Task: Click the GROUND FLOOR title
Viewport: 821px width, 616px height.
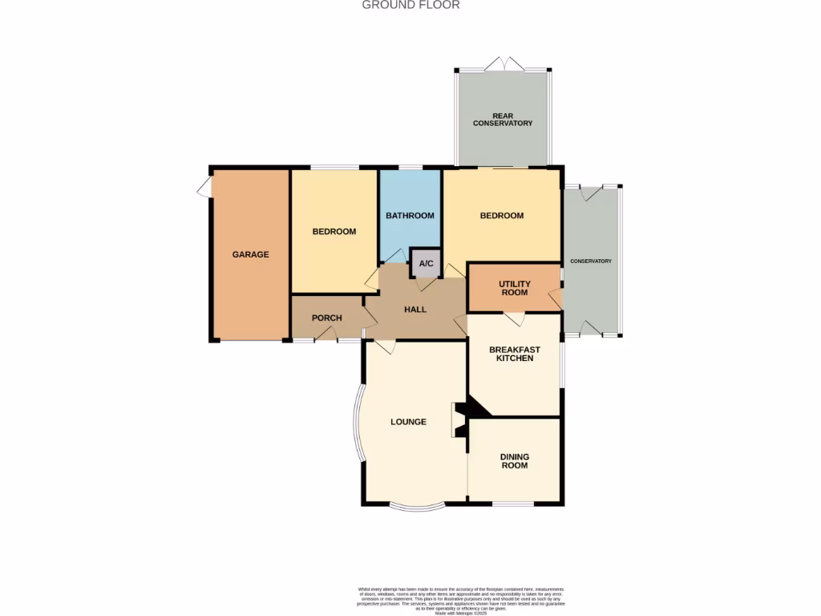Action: pos(410,5)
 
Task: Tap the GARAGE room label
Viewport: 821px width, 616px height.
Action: pos(250,254)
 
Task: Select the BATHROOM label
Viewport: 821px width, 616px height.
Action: pos(410,216)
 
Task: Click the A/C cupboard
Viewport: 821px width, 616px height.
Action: pos(426,263)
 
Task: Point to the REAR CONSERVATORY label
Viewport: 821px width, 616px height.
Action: pos(503,120)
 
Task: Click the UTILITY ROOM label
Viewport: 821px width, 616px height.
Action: pos(514,288)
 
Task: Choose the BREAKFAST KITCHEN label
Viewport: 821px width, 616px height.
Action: pos(514,354)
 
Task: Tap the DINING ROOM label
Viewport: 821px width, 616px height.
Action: pos(514,461)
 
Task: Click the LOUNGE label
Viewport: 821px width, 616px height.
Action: pos(408,422)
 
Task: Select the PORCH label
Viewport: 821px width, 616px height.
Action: pos(326,318)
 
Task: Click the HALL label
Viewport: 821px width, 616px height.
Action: pos(415,310)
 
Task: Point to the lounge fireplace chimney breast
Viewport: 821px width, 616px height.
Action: pos(461,419)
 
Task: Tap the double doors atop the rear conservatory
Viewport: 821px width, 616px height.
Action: pos(503,64)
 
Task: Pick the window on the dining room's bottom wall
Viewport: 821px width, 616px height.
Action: pos(513,504)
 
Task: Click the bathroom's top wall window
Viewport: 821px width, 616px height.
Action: pos(410,167)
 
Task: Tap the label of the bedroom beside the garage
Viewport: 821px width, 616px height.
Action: pos(334,232)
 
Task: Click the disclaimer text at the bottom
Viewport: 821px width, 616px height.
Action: pos(461,601)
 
